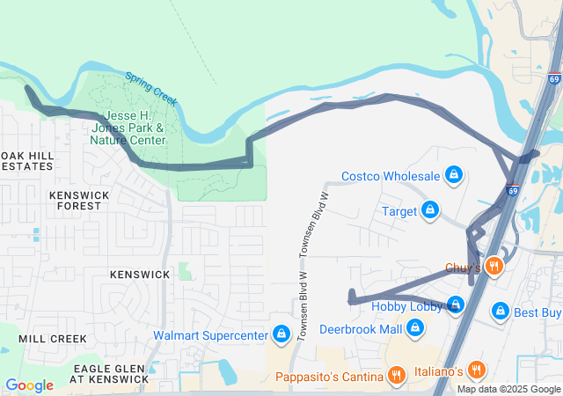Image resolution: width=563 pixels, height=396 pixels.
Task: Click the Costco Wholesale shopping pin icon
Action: pos(454,174)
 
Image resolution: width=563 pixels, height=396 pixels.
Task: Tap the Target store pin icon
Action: pos(430,211)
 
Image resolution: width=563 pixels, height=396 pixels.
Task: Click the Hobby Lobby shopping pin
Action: pos(455,305)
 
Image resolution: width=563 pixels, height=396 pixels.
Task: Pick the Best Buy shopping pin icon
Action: pos(501,312)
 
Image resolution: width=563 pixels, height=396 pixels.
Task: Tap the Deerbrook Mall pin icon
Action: pos(415,329)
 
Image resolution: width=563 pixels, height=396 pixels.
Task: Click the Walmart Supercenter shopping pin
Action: pos(281,334)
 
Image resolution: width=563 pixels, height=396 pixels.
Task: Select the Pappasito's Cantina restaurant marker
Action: pos(397,376)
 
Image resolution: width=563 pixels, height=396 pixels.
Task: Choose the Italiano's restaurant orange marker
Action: pos(476,369)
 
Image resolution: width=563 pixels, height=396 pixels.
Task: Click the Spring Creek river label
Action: pos(150,89)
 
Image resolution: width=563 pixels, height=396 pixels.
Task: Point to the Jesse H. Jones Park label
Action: pos(128,128)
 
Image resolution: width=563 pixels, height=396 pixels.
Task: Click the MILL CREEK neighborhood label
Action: pos(52,338)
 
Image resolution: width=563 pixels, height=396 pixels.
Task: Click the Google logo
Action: pos(29,385)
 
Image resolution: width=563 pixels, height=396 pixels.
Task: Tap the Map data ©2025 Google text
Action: pos(508,389)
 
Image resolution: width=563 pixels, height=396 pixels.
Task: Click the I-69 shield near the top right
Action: pos(554,77)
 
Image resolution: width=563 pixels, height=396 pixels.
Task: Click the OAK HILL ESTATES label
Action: pos(26,160)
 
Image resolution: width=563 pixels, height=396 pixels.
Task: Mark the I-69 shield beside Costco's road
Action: pos(512,188)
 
